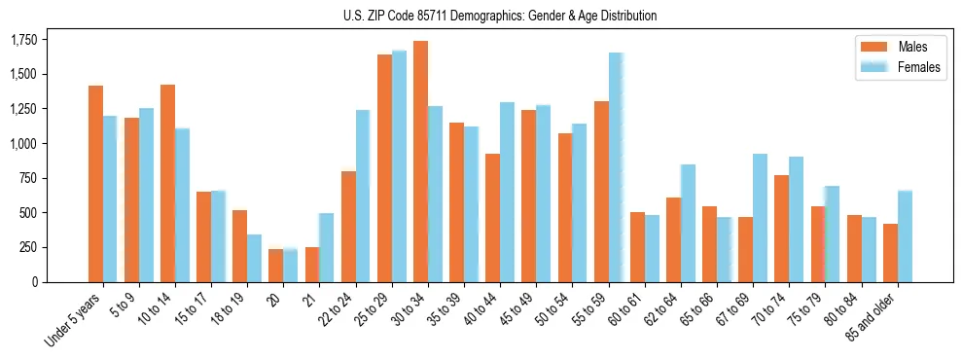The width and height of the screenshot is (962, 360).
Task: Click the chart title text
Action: pyautogui.click(x=500, y=16)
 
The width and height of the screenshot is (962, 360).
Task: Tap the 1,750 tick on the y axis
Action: pyautogui.click(x=24, y=40)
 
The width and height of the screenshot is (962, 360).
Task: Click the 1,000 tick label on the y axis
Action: pyautogui.click(x=24, y=143)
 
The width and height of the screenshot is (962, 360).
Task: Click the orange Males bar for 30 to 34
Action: pyautogui.click(x=420, y=162)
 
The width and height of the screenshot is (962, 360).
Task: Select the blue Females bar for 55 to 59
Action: pyautogui.click(x=616, y=167)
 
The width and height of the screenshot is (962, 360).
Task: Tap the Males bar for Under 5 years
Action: pyautogui.click(x=95, y=184)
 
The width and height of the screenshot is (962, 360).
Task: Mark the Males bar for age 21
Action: pyautogui.click(x=312, y=265)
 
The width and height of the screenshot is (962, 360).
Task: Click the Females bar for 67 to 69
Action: pyautogui.click(x=760, y=218)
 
